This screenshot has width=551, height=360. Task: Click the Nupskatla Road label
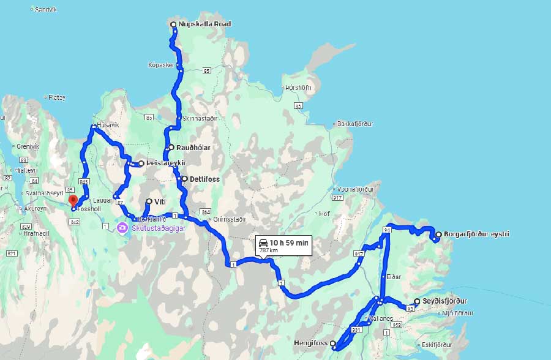tap(205, 24)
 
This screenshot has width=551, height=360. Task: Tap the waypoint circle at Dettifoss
tap(184, 179)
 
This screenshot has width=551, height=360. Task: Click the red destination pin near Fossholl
tap(72, 200)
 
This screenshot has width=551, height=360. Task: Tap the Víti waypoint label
tap(160, 201)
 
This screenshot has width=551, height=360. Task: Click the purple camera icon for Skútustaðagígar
tap(122, 228)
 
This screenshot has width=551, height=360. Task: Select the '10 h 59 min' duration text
tap(290, 243)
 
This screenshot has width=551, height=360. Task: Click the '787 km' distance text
tap(269, 250)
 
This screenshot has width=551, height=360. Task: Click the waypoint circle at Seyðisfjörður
tap(417, 301)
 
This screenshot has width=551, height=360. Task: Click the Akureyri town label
tap(35, 208)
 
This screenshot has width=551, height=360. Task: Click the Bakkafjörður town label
tap(355, 124)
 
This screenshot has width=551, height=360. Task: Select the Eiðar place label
tap(394, 277)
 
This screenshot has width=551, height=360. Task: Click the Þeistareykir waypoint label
tap(166, 163)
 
